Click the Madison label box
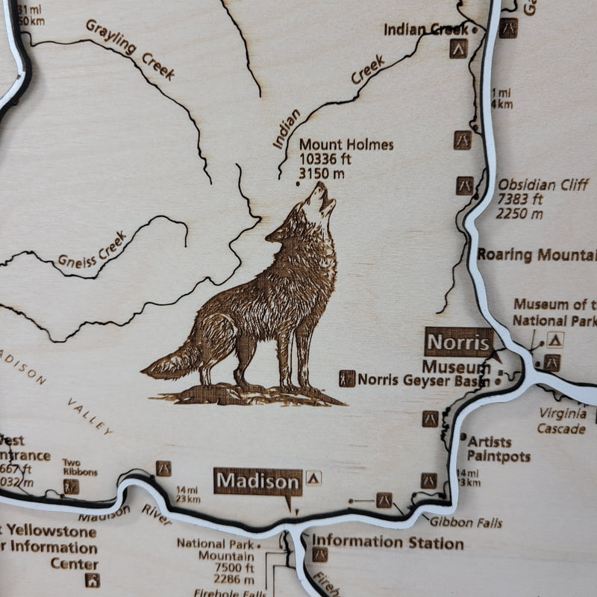coord(258,482)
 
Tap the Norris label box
coord(458,343)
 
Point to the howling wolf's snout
coord(326,188)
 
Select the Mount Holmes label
coord(346,145)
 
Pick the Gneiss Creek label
coord(93,252)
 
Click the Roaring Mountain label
coord(537,254)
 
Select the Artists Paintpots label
coord(498,449)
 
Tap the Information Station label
coord(387,543)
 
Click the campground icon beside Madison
coord(313,478)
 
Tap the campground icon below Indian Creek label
coord(458,50)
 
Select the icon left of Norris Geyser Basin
coord(347,378)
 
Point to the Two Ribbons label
coord(79,467)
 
